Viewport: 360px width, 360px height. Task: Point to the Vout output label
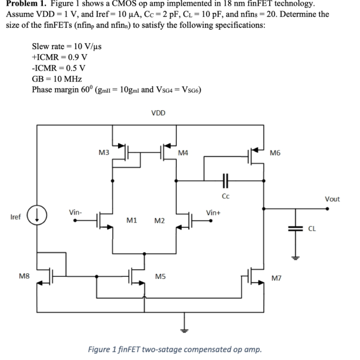pos(332,199)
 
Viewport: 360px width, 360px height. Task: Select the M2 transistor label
pos(159,221)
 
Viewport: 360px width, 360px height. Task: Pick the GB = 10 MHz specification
pos(56,79)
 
